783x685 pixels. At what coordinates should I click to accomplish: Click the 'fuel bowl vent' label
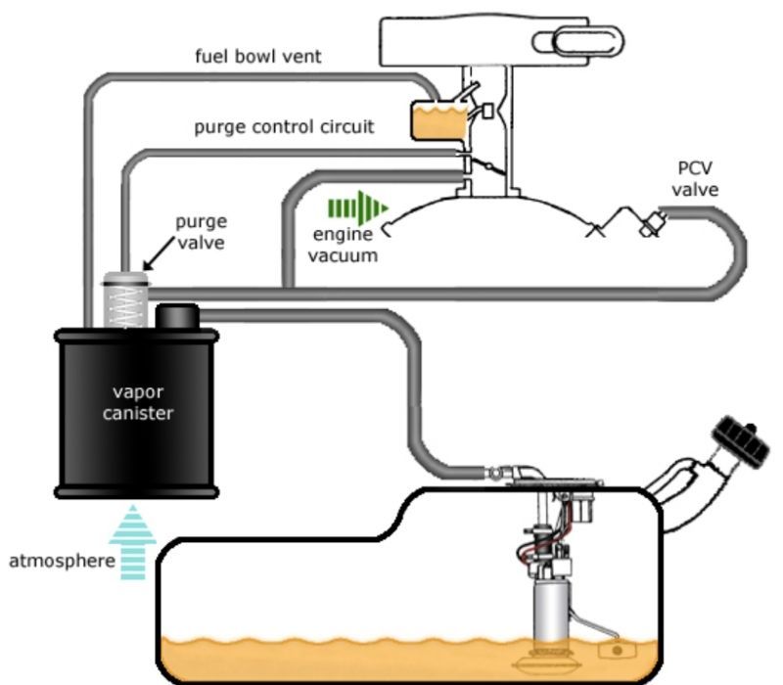click(256, 57)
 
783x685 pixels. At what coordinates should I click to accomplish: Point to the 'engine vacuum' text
click(345, 246)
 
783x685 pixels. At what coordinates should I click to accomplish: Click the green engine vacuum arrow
click(356, 207)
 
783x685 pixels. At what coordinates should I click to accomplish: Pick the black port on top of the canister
click(177, 317)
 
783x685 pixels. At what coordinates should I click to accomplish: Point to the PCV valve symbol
click(647, 223)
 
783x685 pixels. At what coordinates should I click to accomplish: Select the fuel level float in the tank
click(616, 650)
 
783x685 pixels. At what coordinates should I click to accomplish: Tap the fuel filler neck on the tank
click(690, 489)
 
